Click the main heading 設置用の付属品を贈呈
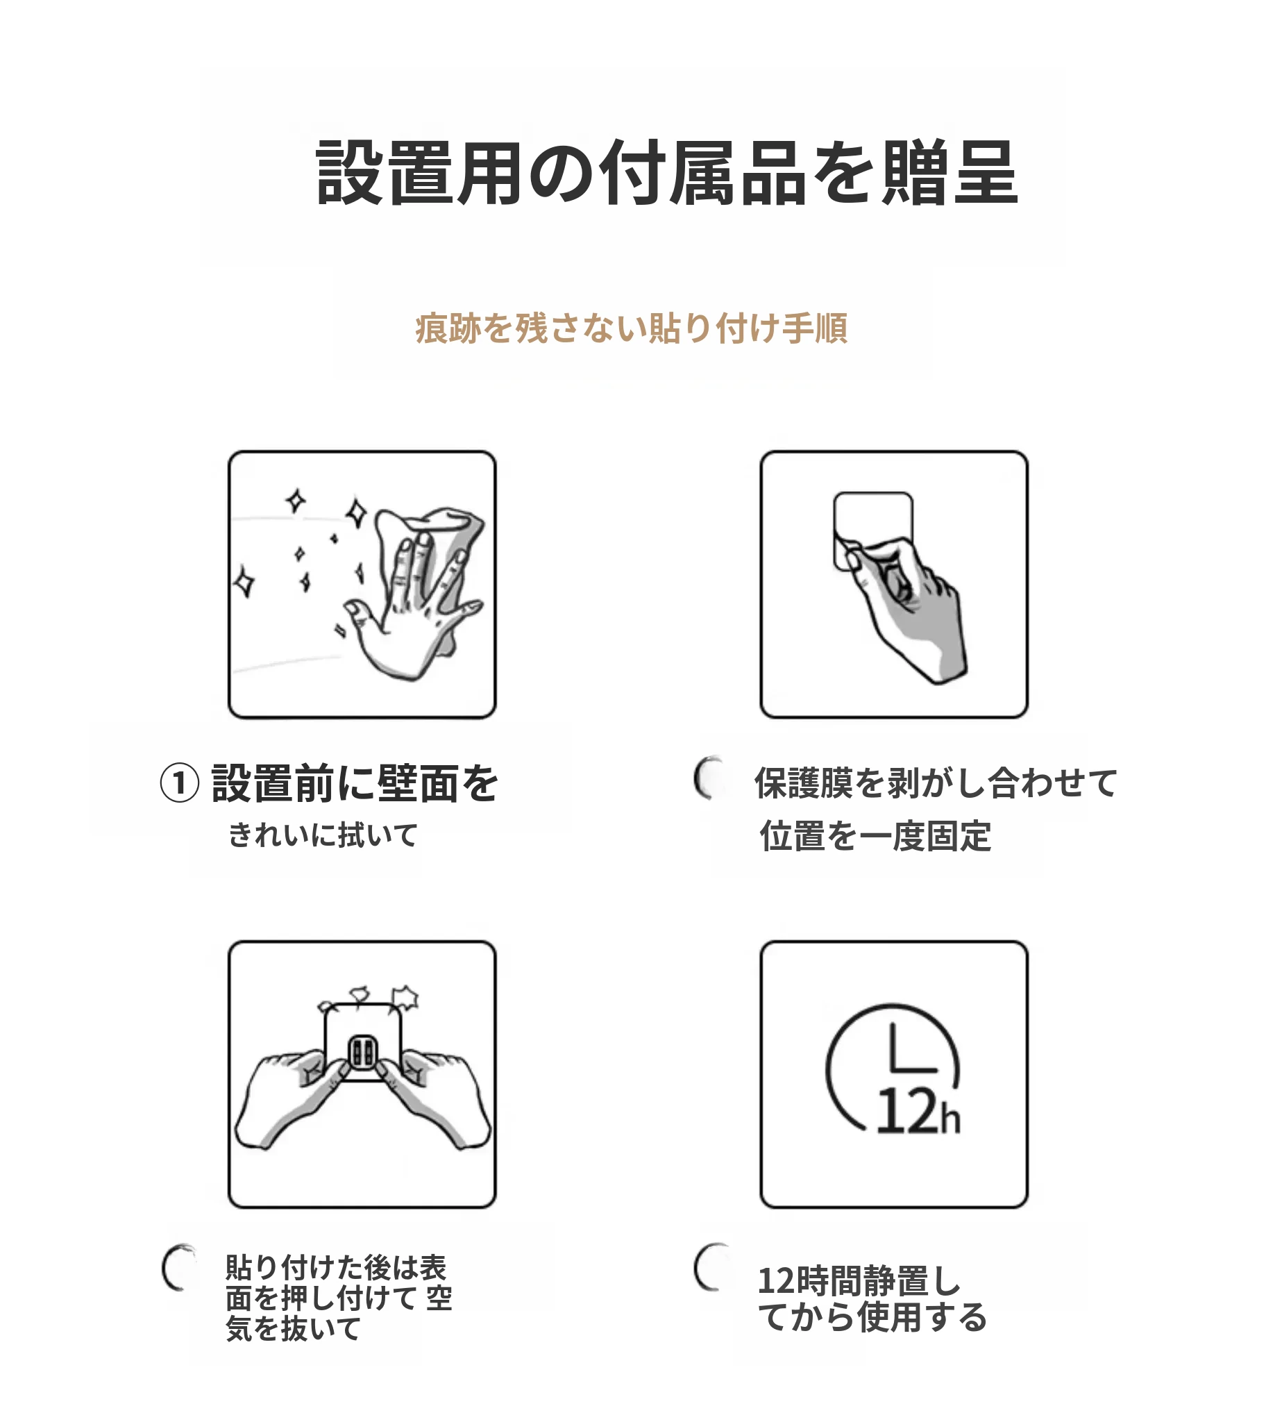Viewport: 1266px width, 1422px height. click(x=667, y=172)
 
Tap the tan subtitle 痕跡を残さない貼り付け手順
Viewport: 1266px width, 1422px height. click(x=632, y=328)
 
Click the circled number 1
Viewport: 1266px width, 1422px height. click(x=180, y=783)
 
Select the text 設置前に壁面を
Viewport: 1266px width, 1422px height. click(x=355, y=783)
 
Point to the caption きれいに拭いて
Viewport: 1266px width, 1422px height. click(x=323, y=834)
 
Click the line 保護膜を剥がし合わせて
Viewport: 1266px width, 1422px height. click(x=936, y=783)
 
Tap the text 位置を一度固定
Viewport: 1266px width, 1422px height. click(x=876, y=835)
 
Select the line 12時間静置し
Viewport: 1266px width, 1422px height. click(x=859, y=1281)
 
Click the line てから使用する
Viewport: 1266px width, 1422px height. click(x=872, y=1317)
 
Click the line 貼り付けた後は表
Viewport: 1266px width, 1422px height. click(x=336, y=1268)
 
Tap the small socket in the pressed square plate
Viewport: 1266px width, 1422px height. click(x=363, y=1054)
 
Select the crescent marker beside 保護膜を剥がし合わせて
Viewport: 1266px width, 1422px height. click(x=708, y=777)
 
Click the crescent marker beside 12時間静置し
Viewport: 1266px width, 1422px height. click(x=708, y=1267)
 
